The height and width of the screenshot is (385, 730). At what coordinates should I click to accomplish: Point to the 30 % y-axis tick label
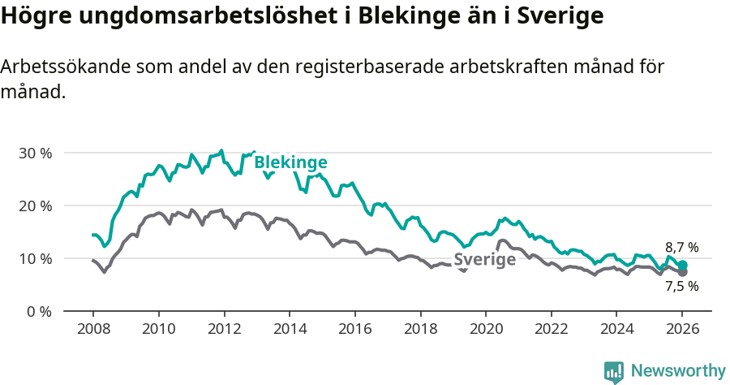[x=36, y=153]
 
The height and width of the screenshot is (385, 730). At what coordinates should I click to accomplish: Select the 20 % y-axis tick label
[x=36, y=205]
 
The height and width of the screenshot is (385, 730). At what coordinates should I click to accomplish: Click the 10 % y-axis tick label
[x=36, y=258]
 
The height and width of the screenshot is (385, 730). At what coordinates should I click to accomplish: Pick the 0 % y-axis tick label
[x=40, y=311]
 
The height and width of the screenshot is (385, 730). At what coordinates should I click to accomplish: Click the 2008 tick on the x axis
[x=92, y=329]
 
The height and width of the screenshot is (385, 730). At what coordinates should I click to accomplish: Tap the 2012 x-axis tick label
[x=223, y=329]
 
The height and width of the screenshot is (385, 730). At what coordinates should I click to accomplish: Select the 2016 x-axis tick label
[x=354, y=329]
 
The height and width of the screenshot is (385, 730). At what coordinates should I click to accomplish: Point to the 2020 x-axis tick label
[x=485, y=329]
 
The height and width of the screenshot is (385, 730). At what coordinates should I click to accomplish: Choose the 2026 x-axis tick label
[x=682, y=329]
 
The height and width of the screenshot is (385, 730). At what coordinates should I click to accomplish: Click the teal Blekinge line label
[x=290, y=162]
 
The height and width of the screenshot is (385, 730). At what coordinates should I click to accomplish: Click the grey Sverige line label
[x=484, y=260]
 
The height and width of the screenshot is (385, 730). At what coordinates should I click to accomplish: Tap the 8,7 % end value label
[x=681, y=248]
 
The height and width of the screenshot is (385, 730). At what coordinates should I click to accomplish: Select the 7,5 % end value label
[x=681, y=286]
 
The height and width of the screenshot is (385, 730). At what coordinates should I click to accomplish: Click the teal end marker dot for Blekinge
[x=683, y=265]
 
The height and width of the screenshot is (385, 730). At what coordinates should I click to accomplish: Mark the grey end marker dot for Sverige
[x=683, y=272]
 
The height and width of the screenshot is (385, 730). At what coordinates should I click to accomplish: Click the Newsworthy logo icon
[x=614, y=372]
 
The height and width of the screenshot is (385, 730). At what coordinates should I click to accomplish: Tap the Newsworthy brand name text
[x=678, y=371]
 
